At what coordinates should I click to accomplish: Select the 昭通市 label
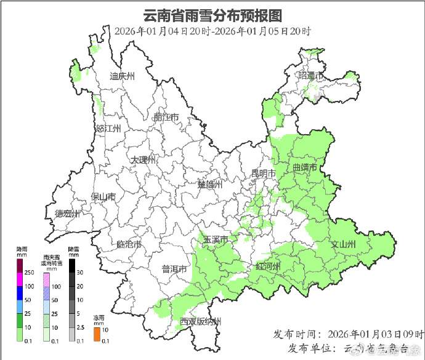tap(311, 76)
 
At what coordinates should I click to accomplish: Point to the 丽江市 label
tap(166, 117)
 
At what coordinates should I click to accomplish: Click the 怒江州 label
tap(108, 129)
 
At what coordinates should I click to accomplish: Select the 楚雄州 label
tap(209, 185)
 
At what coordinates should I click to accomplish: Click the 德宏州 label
tap(67, 214)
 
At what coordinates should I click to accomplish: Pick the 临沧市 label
tap(129, 244)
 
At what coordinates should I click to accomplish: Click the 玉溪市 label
tap(216, 239)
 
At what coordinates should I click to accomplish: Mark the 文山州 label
tap(343, 245)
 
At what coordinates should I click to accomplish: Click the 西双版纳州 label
tap(200, 321)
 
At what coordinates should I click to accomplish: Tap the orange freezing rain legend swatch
tap(97, 334)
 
